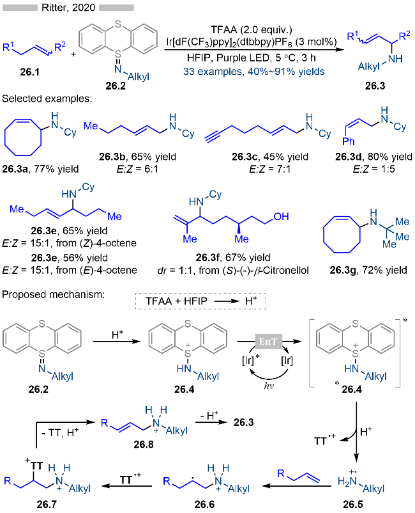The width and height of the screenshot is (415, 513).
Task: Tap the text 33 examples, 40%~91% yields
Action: pyautogui.click(x=260, y=72)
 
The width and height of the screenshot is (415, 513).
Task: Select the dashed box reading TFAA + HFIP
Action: pyautogui.click(x=199, y=299)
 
